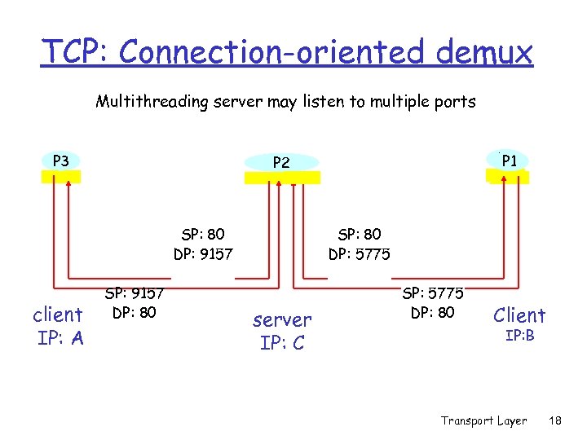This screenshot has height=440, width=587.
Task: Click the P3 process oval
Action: [60, 161]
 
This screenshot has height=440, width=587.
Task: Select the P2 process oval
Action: [281, 162]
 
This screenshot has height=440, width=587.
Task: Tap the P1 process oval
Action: [510, 161]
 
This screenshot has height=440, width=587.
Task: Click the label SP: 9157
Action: [135, 293]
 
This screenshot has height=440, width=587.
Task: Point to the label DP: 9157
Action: [203, 253]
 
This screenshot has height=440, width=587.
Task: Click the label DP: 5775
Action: [359, 253]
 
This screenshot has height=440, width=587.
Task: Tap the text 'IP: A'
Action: [60, 338]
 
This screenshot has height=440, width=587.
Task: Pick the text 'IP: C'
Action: [282, 343]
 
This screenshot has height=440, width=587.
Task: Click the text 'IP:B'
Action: [519, 335]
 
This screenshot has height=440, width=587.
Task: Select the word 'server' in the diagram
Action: [282, 319]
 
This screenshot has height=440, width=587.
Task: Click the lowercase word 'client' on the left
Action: [57, 315]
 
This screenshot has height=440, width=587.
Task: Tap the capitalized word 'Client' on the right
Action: [519, 315]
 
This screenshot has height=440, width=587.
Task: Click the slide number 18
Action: [556, 420]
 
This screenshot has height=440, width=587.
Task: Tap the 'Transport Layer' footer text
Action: [483, 420]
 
